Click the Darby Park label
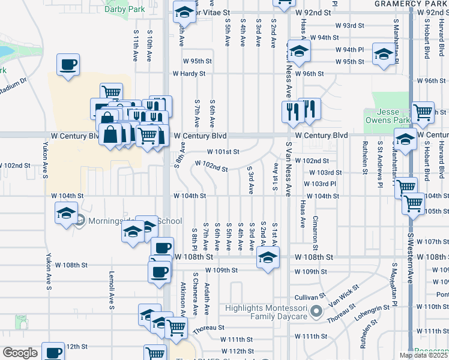124,9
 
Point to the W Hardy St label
189,74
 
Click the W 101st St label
223,152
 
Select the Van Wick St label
343,297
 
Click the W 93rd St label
350,26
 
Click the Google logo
20,353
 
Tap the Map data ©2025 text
423,355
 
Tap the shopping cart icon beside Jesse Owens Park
423,110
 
